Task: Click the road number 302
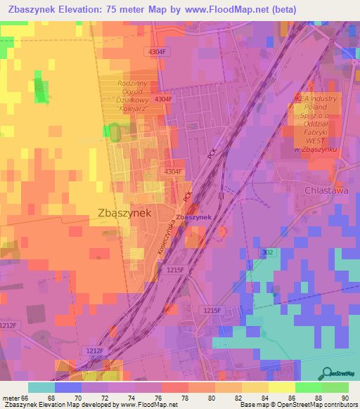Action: [267, 252]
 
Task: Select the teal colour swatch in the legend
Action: [41, 387]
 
